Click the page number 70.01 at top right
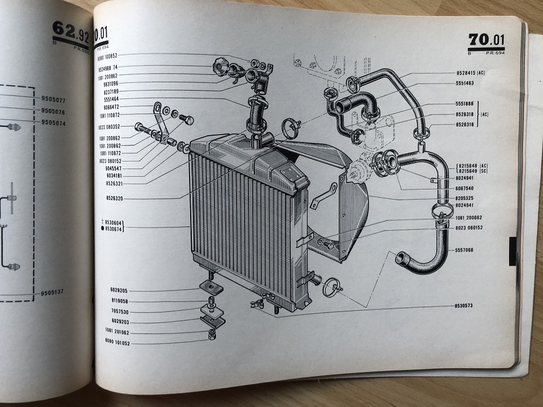(486, 40)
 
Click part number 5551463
(464, 83)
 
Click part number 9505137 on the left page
(53, 292)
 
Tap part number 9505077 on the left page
(53, 99)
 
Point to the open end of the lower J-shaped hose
(402, 258)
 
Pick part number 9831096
(108, 83)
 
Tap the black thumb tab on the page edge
(512, 251)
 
